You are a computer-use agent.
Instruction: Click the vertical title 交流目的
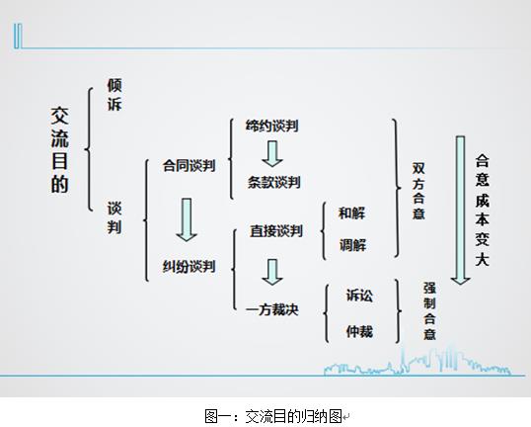pos(59,150)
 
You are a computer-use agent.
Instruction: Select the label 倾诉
pos(114,95)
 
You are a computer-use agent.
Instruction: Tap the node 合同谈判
pos(189,166)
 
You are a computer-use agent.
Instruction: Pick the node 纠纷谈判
pos(189,266)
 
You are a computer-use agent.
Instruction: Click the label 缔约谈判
pos(272,126)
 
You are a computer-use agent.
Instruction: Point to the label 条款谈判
pos(274,182)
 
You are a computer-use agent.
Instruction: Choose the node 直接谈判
pos(276,231)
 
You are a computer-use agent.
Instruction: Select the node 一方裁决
pos(272,309)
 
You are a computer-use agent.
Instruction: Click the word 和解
pos(351,213)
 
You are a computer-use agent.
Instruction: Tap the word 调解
pos(353,245)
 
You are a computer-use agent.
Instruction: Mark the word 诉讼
pos(359,296)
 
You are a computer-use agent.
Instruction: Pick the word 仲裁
pos(359,331)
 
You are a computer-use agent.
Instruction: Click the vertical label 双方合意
pos(418,191)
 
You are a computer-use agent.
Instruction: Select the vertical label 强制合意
pos(429,311)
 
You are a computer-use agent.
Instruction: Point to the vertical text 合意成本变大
pos(483,211)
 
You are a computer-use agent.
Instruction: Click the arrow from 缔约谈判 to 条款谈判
pos(272,154)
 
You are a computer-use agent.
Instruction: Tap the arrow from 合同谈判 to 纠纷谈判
pos(187,219)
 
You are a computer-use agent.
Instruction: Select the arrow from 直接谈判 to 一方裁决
pos(272,272)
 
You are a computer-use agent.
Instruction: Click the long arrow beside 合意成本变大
pos(460,211)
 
